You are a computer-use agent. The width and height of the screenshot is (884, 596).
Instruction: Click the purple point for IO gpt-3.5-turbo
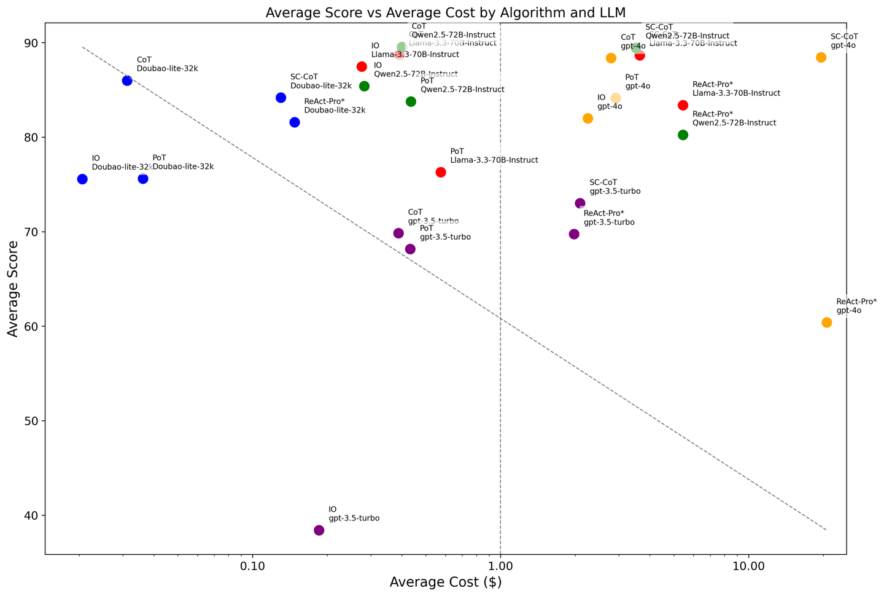[x=319, y=530]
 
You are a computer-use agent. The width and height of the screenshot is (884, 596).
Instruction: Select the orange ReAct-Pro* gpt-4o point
[x=827, y=323]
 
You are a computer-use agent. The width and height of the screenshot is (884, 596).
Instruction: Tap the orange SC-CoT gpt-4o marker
[x=821, y=57]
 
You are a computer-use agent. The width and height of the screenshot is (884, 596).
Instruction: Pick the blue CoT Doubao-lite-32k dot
[x=127, y=80]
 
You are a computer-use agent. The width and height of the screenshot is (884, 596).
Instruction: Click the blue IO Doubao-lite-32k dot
[x=82, y=179]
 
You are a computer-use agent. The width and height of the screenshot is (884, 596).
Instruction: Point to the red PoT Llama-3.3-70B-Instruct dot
[x=441, y=172]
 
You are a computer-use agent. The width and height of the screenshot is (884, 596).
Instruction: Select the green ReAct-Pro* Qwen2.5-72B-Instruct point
[x=683, y=135]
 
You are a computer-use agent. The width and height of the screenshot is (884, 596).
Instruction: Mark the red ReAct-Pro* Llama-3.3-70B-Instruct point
[x=683, y=105]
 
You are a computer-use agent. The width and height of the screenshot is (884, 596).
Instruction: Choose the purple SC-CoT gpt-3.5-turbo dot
[x=580, y=203]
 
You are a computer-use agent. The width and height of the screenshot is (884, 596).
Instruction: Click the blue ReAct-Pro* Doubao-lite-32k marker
[x=295, y=122]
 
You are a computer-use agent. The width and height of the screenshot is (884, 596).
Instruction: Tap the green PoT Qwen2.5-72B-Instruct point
[x=411, y=101]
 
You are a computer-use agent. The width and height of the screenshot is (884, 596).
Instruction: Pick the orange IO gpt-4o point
[x=587, y=118]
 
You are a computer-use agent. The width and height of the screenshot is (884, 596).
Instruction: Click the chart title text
[x=445, y=13]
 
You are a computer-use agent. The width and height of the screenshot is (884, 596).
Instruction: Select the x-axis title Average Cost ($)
[x=445, y=582]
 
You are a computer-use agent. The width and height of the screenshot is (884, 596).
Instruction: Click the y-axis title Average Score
[x=13, y=288]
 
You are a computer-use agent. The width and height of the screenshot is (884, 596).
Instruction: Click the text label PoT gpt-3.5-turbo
[x=445, y=232]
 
